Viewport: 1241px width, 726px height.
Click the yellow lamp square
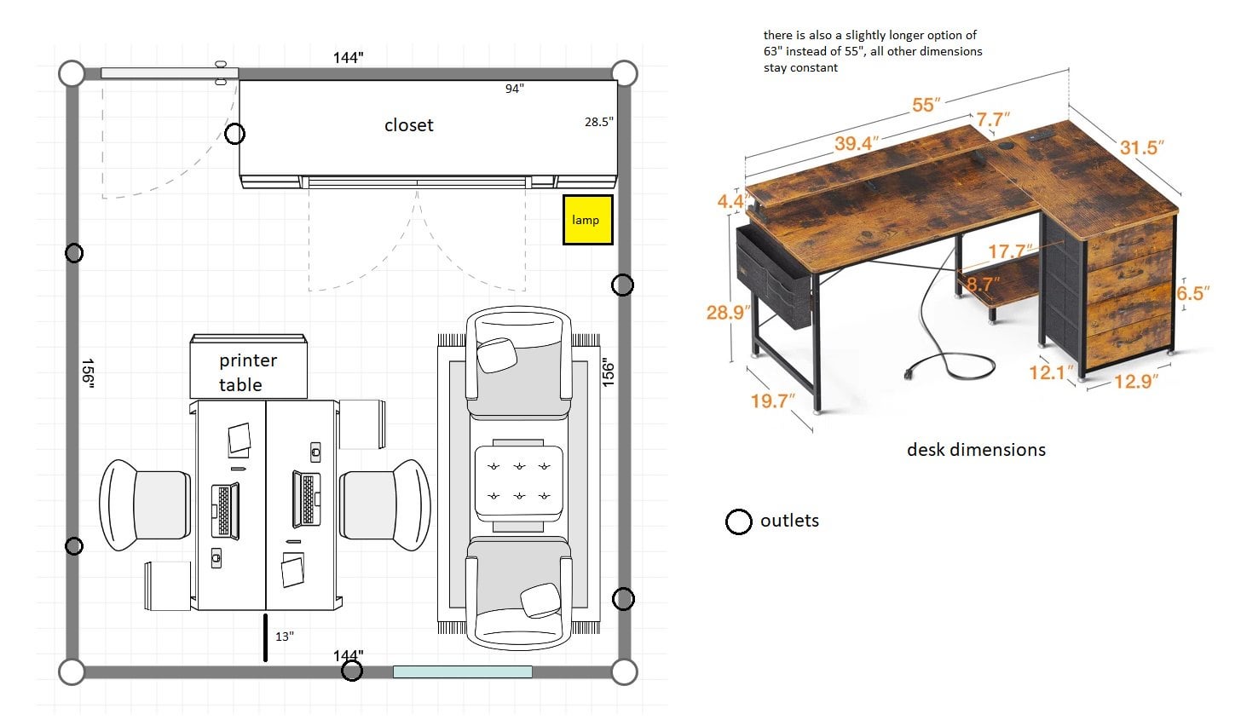point(588,220)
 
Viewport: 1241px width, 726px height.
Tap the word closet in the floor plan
point(409,125)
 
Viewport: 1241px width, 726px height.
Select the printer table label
point(248,372)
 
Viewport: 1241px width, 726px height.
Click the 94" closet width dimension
point(514,89)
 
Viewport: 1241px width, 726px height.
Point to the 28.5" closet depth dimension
point(599,122)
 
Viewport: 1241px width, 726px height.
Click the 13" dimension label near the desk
point(285,637)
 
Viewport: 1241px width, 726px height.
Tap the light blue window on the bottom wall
point(463,671)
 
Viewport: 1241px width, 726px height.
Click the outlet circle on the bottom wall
point(352,671)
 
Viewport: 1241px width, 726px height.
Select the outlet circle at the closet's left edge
point(235,134)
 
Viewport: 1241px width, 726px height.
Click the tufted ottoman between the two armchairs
point(518,481)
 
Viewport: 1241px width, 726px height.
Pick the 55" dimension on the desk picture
point(926,105)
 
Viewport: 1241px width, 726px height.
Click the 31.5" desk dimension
point(1142,147)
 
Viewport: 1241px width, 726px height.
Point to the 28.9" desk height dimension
point(728,313)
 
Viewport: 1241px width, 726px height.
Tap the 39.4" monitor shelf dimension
point(857,143)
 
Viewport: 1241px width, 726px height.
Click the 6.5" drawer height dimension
point(1192,293)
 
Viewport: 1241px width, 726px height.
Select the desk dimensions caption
point(976,450)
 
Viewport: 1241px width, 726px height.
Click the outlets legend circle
point(738,521)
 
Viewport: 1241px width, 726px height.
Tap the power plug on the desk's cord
point(909,374)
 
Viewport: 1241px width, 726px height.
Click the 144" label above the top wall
point(348,58)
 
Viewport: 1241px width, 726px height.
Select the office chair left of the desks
point(145,504)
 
